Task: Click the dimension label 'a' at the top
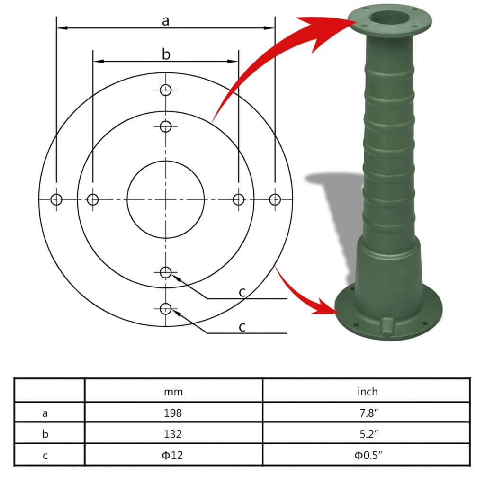[x=165, y=21]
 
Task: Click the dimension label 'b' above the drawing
[x=166, y=54]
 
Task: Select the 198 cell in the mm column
[x=173, y=413]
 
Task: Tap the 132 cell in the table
[x=173, y=434]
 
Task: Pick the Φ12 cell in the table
[x=173, y=455]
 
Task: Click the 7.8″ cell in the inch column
[x=367, y=413]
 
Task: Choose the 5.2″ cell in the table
[x=367, y=434]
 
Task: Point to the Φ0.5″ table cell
[x=367, y=455]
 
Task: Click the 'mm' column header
[x=173, y=392]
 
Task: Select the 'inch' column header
[x=367, y=392]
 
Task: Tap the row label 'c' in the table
[x=45, y=455]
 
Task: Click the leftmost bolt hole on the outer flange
[x=56, y=199]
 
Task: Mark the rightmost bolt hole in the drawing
[x=275, y=199]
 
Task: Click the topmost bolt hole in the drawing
[x=165, y=90]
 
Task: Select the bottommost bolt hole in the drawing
[x=165, y=309]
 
